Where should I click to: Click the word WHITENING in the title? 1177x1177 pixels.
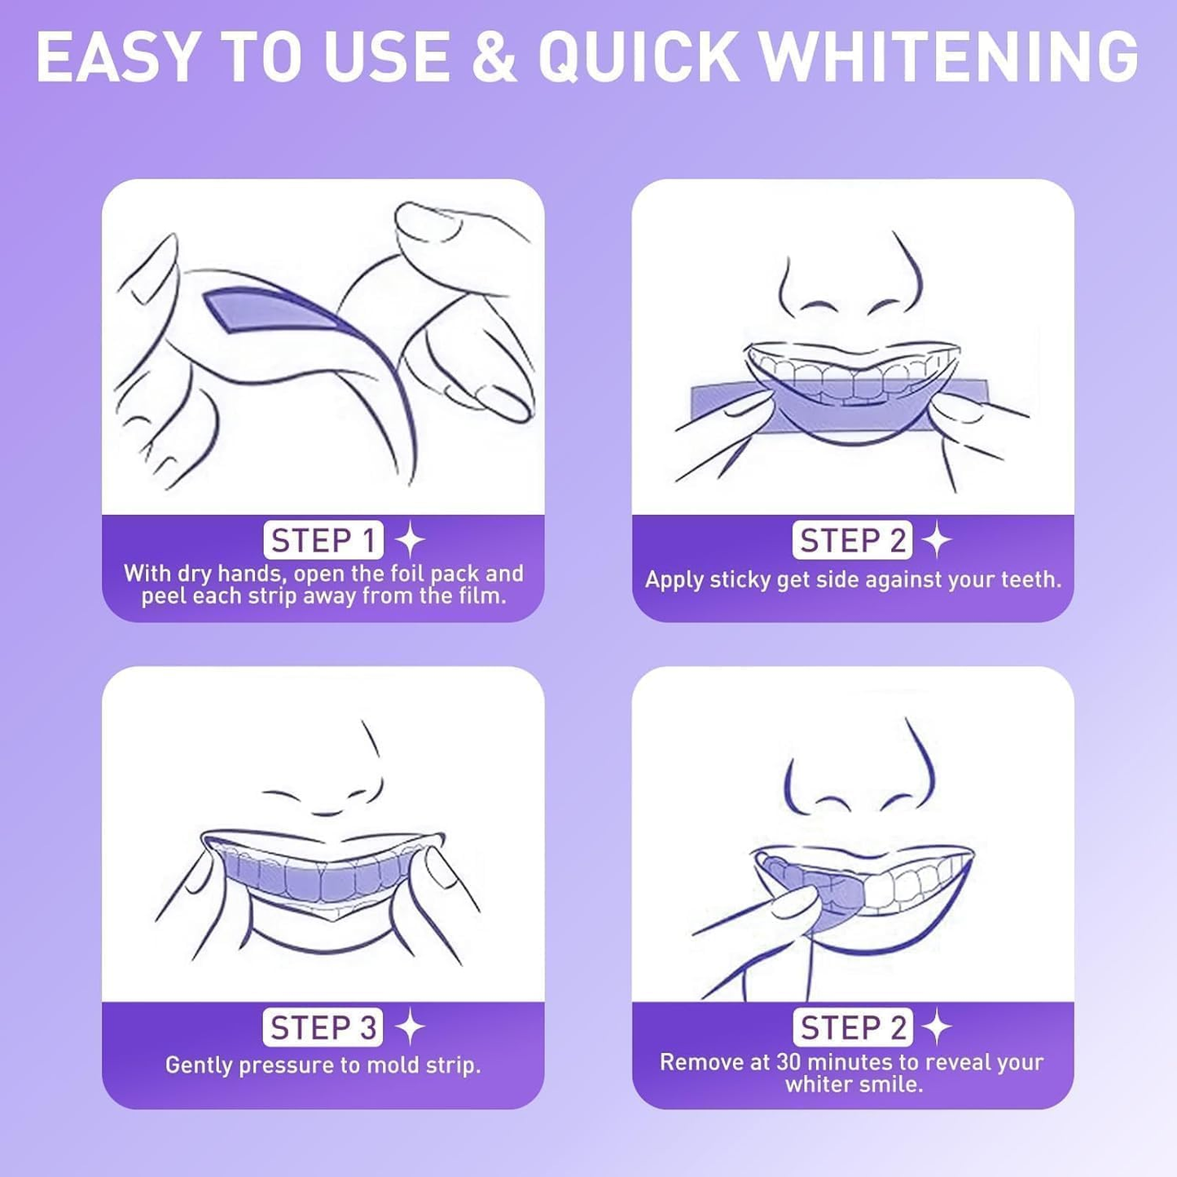coord(949,57)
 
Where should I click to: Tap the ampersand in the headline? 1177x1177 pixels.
coord(494,57)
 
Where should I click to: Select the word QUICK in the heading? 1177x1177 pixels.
coord(639,57)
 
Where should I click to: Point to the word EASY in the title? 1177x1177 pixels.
coord(118,57)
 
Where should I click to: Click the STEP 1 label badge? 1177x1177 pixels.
coord(323,541)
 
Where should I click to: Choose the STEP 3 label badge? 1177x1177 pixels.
coord(323,1028)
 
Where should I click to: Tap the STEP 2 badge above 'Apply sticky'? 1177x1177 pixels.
coord(852,541)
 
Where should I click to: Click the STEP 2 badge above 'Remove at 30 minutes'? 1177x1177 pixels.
coord(852,1028)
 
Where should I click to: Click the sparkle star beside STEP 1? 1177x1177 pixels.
coord(411,541)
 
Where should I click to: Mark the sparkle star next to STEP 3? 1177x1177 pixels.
coord(411,1028)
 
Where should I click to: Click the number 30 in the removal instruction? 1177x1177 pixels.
coord(788,1062)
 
